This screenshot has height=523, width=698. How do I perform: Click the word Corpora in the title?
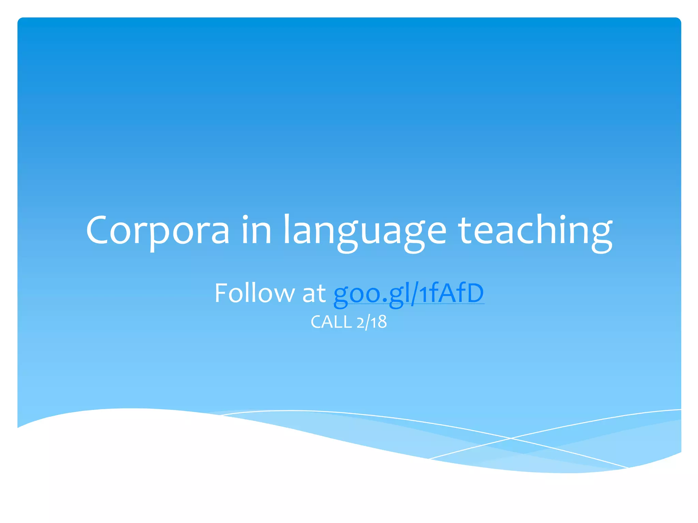coord(158,231)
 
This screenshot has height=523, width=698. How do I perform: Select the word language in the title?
coord(365,232)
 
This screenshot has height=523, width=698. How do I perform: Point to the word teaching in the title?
coord(535,232)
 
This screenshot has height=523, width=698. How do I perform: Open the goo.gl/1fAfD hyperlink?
coord(408,293)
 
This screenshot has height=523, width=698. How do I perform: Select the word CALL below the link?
coord(331,322)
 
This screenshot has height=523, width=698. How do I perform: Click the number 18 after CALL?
coord(379,322)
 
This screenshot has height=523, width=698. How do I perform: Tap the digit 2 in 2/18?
coord(360,323)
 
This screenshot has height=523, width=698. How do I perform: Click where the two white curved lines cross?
coord(511,438)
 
